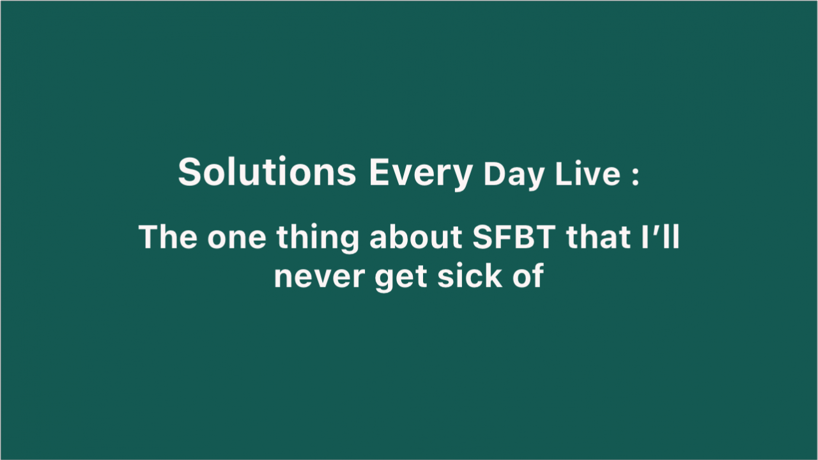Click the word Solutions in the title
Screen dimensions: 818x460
tap(267, 171)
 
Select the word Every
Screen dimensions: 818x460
tap(421, 174)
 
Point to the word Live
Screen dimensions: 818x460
tap(587, 173)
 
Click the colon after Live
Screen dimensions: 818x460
tap(635, 176)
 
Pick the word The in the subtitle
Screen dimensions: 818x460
tap(168, 236)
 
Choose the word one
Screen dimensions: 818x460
tap(236, 240)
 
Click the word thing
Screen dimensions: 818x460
tap(318, 239)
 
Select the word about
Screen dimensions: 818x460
tap(415, 237)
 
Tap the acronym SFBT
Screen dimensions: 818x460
tap(514, 236)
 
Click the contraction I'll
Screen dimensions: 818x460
tap(661, 236)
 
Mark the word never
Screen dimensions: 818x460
tap(320, 278)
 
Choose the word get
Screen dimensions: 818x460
tap(401, 278)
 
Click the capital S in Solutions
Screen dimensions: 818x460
tap(190, 172)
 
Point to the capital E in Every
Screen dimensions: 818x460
tap(380, 171)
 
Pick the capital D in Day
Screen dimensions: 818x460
tap(494, 173)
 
